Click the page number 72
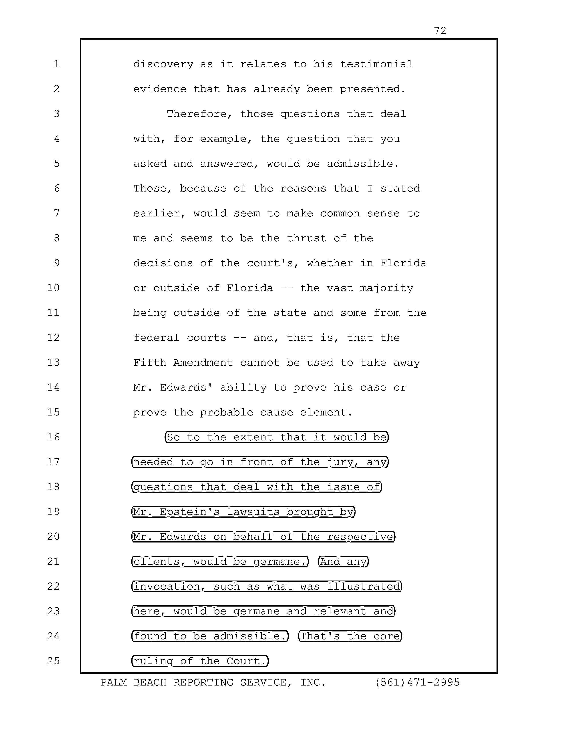point(440,31)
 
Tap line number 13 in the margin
point(53,363)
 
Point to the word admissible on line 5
point(363,164)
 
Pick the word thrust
point(306,238)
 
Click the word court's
point(273,263)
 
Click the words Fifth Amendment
point(183,363)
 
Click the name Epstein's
point(190,512)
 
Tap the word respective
point(360,537)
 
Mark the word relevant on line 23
point(340,611)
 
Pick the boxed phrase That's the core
point(350,636)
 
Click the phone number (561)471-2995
point(417,683)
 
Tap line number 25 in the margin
point(53,661)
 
